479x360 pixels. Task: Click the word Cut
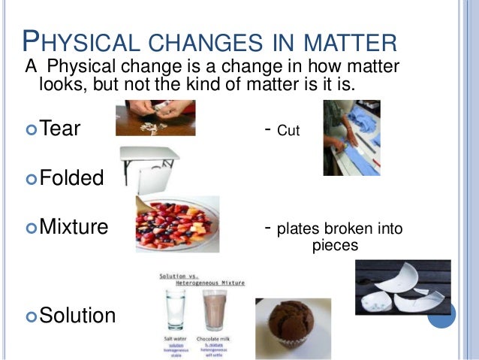(x=289, y=131)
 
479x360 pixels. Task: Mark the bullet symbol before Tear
(x=31, y=130)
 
